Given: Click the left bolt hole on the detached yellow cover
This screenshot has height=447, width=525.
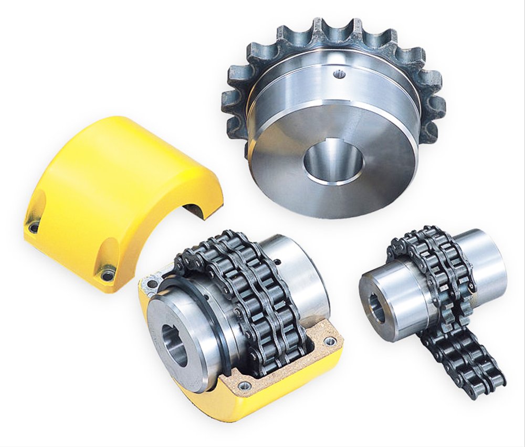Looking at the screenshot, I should [34, 227].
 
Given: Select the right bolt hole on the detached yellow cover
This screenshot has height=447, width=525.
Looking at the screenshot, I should [108, 274].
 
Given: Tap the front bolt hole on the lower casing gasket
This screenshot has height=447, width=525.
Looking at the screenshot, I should [244, 386].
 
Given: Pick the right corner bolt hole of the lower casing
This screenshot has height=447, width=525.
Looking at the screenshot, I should [330, 342].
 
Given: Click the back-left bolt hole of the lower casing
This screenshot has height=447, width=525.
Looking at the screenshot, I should [152, 284].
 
